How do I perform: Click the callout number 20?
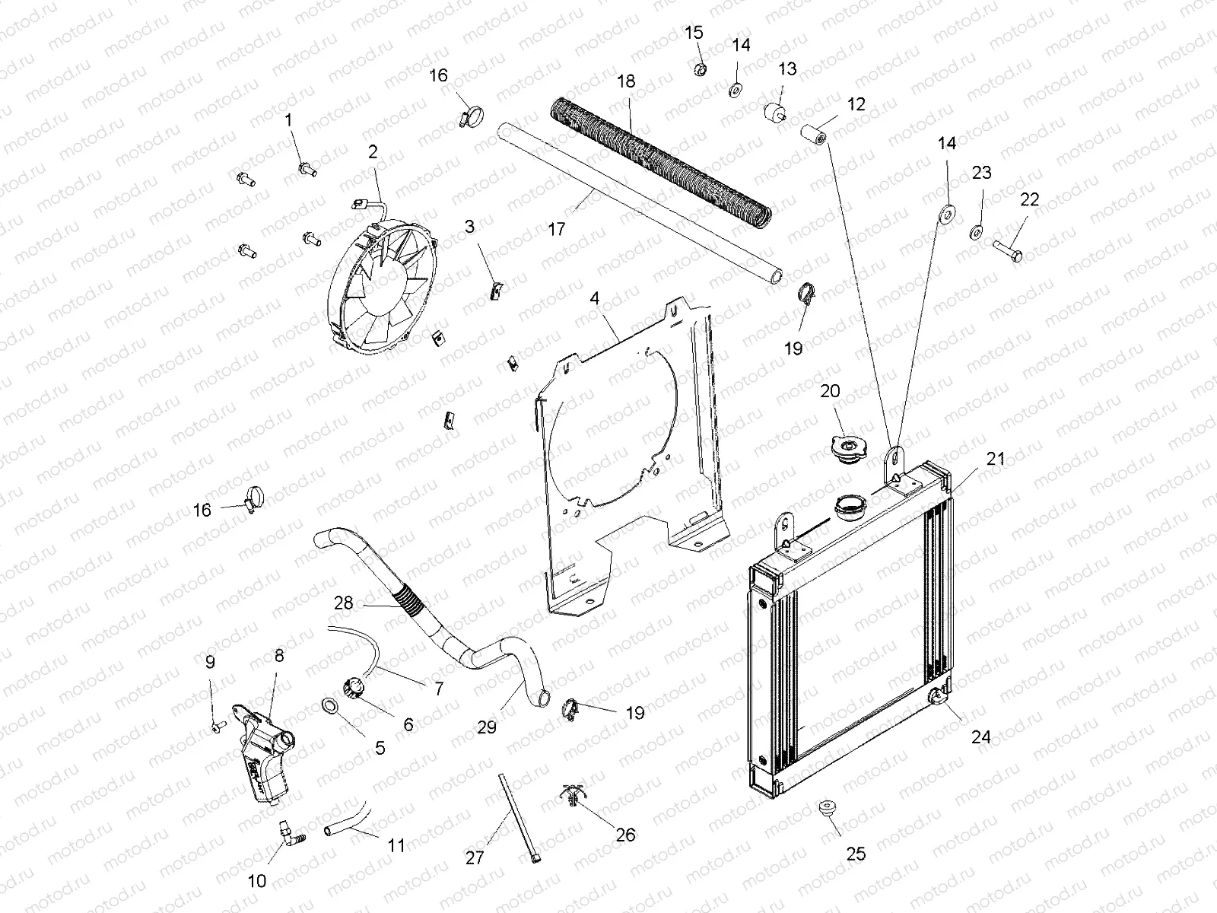[830, 391]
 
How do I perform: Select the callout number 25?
[856, 854]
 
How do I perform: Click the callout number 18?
[625, 81]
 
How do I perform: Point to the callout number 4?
[595, 297]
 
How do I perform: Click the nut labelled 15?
[701, 70]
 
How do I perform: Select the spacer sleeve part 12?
[812, 135]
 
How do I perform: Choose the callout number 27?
[475, 857]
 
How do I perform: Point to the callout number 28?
[344, 603]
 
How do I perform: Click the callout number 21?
[996, 459]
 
